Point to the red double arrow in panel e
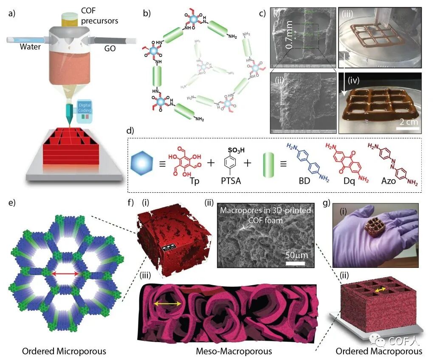[65, 274]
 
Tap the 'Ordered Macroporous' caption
[379, 351]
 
